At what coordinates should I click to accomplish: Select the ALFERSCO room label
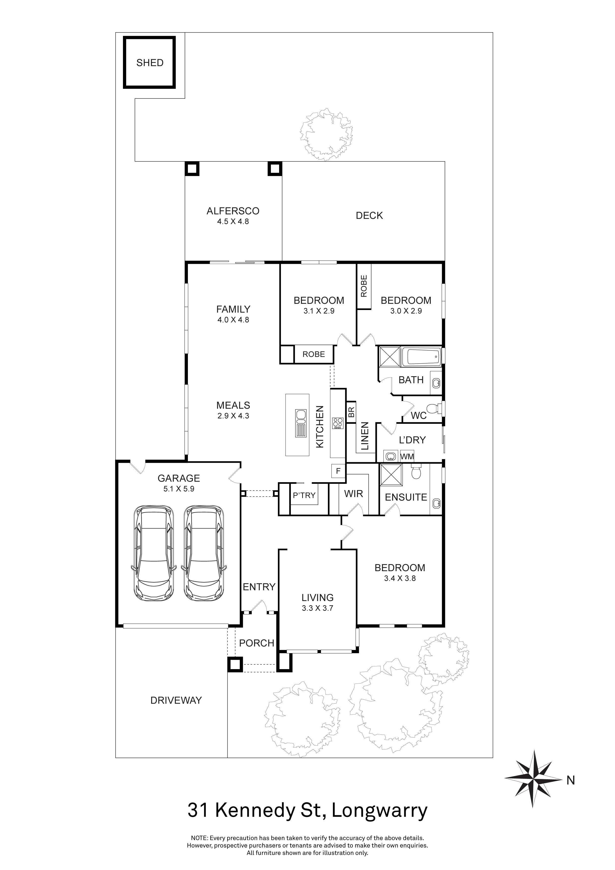pyautogui.click(x=233, y=211)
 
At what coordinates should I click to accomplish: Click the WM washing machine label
pyautogui.click(x=407, y=457)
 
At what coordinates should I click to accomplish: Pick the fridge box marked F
pyautogui.click(x=338, y=471)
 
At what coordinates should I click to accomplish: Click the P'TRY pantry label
pyautogui.click(x=304, y=495)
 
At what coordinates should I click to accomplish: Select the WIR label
pyautogui.click(x=353, y=494)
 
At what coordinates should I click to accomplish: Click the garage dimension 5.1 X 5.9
pyautogui.click(x=179, y=489)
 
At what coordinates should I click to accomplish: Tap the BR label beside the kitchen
pyautogui.click(x=351, y=412)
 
